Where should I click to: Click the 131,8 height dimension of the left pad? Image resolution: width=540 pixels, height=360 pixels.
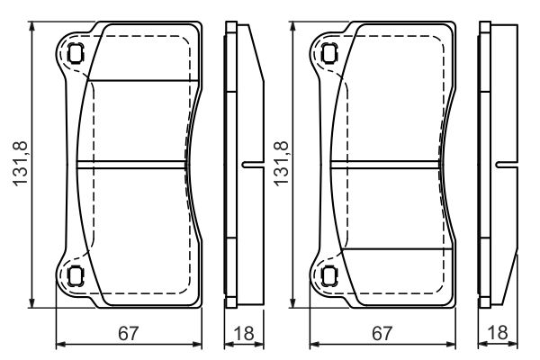(x=20, y=164)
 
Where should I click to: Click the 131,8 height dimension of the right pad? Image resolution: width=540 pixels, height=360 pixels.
(x=281, y=164)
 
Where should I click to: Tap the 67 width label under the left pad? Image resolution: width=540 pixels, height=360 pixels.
(x=128, y=333)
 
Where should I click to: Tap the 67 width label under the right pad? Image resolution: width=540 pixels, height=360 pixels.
(x=382, y=333)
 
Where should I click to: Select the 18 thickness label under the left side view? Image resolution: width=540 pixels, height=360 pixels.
(x=244, y=333)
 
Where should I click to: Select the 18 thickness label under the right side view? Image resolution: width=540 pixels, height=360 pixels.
(x=498, y=333)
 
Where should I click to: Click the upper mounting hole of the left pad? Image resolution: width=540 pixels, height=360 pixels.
(x=75, y=53)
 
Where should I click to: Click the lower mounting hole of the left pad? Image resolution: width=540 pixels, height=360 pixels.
(x=75, y=276)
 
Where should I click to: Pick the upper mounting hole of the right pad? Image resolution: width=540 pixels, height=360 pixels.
(x=329, y=53)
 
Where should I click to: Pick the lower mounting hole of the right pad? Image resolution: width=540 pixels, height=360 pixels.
(x=329, y=276)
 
